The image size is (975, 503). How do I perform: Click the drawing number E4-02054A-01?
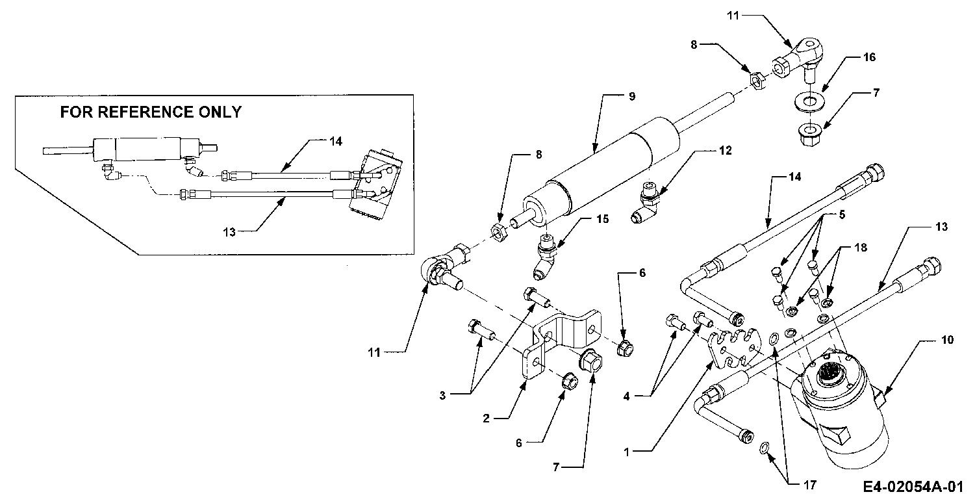[913, 487]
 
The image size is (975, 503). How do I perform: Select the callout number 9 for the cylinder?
[632, 96]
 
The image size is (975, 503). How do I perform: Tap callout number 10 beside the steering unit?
[947, 340]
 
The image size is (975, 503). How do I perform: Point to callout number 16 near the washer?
[869, 57]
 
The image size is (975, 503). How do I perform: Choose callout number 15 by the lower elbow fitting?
[602, 219]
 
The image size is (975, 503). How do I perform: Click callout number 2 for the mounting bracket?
[486, 419]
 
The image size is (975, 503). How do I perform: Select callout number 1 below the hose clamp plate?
[626, 452]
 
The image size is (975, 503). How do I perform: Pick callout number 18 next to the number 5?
[861, 248]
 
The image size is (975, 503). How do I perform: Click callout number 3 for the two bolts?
[442, 396]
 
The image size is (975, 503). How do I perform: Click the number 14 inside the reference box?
[336, 142]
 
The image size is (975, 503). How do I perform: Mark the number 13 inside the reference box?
[229, 232]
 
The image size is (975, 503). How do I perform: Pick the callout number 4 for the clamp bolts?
[626, 396]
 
